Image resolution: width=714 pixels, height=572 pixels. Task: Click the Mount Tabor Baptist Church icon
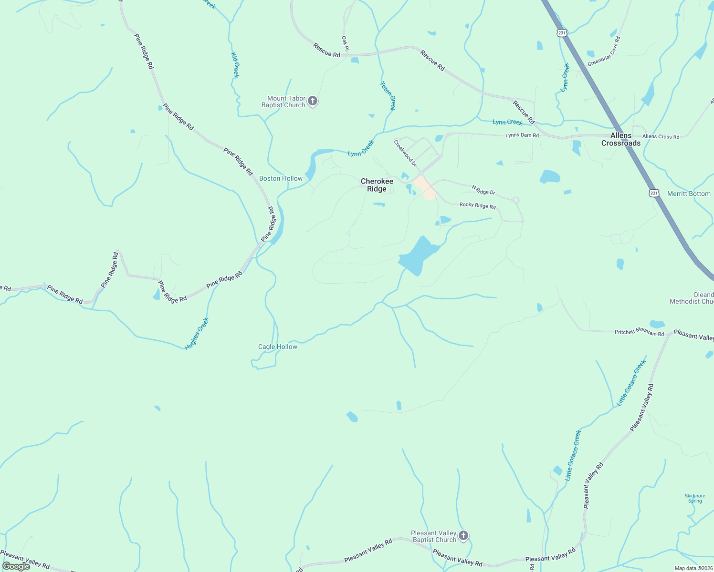tap(313, 101)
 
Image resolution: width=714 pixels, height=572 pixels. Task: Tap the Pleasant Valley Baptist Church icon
tap(463, 536)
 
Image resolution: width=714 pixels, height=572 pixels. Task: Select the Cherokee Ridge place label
tap(377, 185)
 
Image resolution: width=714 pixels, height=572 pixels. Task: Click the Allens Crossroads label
tap(620, 139)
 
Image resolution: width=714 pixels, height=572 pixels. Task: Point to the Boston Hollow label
tap(281, 178)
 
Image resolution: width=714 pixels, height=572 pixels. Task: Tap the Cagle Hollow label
tap(277, 347)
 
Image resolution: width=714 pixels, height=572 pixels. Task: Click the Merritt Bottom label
tap(689, 194)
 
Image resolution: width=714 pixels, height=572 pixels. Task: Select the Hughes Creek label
tap(197, 334)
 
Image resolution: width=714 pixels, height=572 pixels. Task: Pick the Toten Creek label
tap(388, 96)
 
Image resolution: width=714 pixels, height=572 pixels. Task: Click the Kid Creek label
tap(235, 65)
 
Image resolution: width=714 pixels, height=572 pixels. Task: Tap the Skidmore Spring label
tap(695, 498)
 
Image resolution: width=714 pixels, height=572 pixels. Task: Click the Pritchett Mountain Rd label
tap(639, 332)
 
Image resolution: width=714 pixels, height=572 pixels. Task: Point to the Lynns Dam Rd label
tap(522, 135)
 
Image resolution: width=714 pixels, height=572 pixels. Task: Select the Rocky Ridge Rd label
tap(477, 205)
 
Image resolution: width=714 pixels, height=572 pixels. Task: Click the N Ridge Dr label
tap(483, 190)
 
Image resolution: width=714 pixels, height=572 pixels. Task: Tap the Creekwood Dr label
tap(405, 153)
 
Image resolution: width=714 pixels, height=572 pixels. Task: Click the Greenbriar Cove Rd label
tap(604, 52)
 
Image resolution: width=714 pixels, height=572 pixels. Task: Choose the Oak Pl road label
tap(345, 43)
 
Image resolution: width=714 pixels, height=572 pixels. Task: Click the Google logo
tap(16, 566)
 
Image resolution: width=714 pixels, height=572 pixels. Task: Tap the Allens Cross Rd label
tap(661, 136)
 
